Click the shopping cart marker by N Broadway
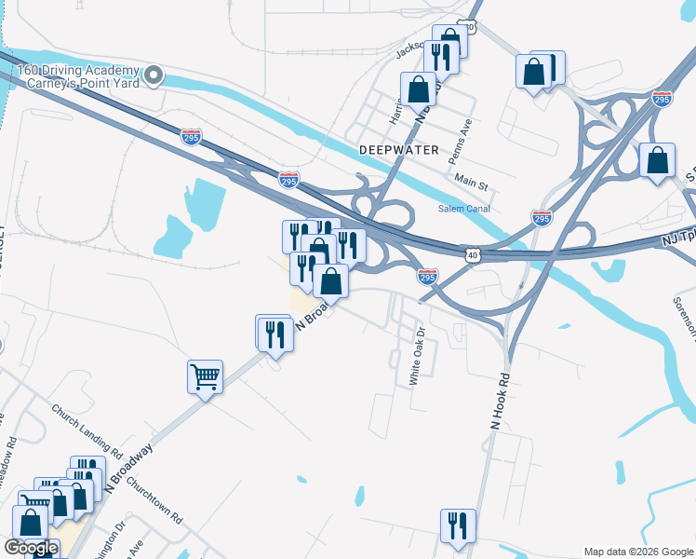tap(205, 377)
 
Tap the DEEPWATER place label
tap(397, 149)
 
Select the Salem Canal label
tap(464, 209)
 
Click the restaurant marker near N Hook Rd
tap(458, 526)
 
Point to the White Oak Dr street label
tap(416, 356)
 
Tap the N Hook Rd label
tap(501, 401)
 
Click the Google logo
tap(32, 549)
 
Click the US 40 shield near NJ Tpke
tap(473, 253)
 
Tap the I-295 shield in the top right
tap(662, 99)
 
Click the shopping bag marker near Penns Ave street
tap(419, 90)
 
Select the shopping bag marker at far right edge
tap(657, 160)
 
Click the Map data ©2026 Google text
tap(637, 552)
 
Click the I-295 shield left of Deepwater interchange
tap(191, 137)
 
